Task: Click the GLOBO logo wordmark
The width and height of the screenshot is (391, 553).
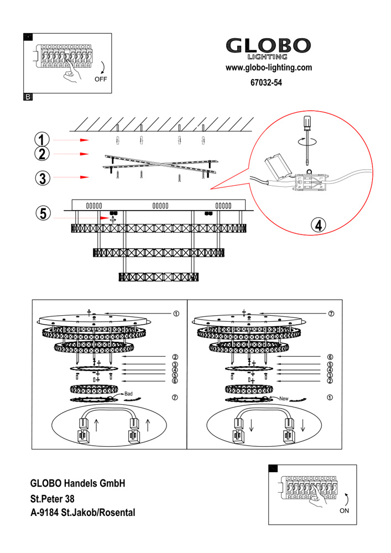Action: pos(269,46)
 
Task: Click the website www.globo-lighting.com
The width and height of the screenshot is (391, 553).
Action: pos(269,68)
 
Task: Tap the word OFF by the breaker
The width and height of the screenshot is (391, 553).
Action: pos(101,80)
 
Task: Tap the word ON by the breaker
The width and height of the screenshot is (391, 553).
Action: pos(344,511)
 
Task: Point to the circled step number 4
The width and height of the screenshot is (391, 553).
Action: pos(318,225)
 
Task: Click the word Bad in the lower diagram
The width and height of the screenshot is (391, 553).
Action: pos(128,393)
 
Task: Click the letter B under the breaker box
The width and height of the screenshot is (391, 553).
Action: pos(28,97)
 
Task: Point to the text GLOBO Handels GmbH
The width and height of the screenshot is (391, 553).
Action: pos(78,483)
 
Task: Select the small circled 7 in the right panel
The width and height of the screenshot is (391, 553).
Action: pos(331,314)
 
